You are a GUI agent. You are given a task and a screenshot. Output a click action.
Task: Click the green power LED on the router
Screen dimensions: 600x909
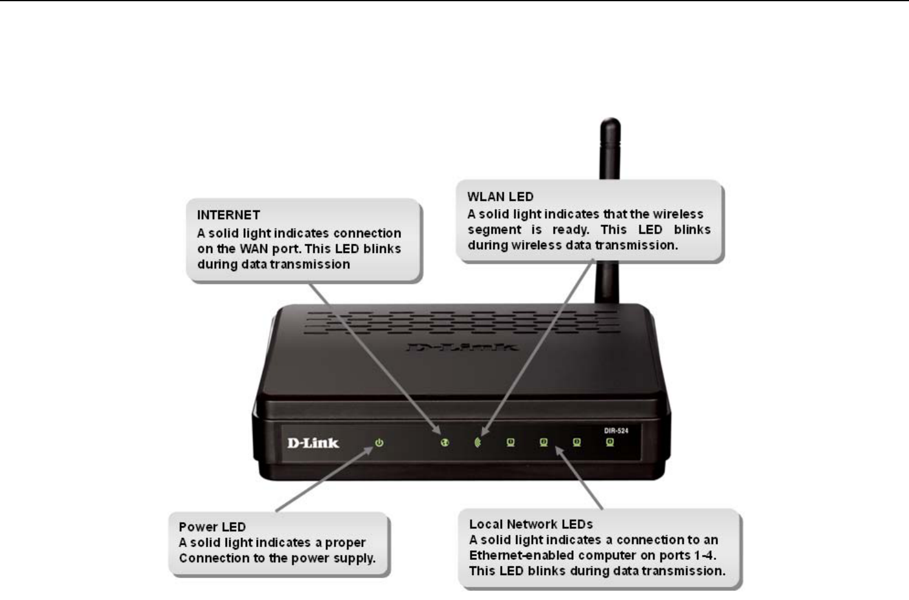tap(379, 443)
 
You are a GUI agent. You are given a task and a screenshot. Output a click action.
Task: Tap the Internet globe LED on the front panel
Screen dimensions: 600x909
tap(445, 443)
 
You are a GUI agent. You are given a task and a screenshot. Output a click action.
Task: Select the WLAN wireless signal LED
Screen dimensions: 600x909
tap(478, 443)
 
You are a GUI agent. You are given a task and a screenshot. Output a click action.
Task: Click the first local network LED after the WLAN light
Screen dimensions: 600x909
tap(510, 443)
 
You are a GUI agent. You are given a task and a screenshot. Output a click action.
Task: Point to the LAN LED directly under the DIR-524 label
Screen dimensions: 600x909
tap(610, 443)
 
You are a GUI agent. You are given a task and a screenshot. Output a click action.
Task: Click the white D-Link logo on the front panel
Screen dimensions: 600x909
tap(313, 443)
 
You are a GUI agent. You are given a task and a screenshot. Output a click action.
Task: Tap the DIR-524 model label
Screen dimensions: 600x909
tap(616, 430)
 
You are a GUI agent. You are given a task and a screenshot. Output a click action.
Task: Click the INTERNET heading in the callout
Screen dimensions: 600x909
tap(228, 215)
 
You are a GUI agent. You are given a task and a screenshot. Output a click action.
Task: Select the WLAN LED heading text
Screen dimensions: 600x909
tap(500, 197)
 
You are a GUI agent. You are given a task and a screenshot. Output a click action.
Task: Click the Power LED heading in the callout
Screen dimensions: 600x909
tap(212, 527)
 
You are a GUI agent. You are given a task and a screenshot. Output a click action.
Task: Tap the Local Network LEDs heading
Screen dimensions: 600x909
tap(531, 524)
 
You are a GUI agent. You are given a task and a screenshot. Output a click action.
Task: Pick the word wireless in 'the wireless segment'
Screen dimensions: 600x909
tap(678, 214)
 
